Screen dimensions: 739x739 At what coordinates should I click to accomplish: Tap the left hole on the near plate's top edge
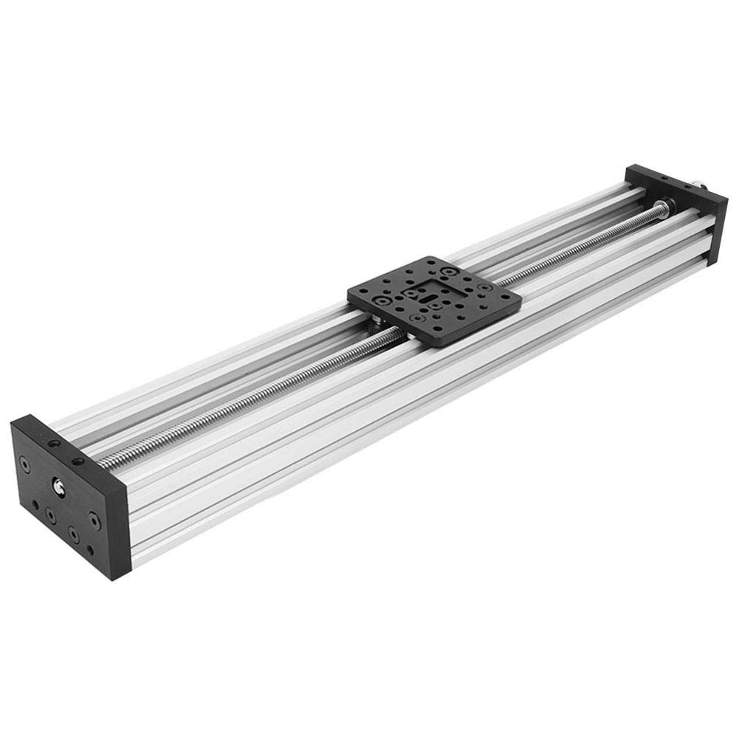(54, 444)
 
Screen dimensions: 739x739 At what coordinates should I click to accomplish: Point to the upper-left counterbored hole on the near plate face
(26, 467)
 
